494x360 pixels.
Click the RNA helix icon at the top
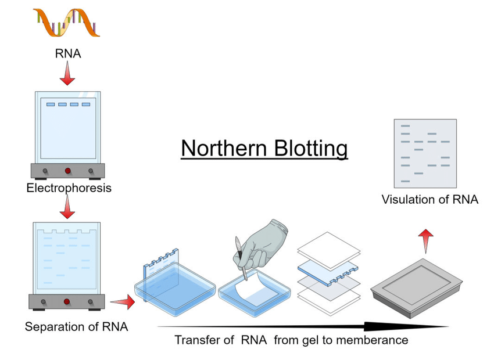pos(67,23)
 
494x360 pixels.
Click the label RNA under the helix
pos(68,54)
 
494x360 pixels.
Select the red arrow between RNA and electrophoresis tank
pos(67,74)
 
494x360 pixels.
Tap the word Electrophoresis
pos(69,188)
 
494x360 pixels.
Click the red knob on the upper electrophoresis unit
pos(67,171)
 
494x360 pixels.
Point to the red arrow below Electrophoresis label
pos(67,207)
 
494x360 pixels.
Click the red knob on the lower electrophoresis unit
pos(67,302)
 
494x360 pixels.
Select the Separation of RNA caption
pos(76,327)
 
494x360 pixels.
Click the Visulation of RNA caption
pos(429,200)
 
